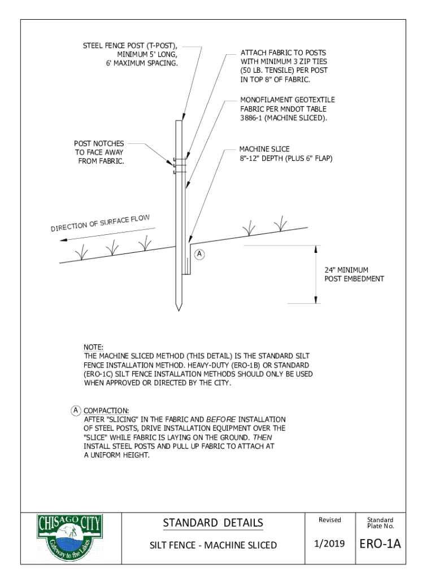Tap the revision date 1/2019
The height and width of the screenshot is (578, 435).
329,545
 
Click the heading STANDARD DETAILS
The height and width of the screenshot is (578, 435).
212,523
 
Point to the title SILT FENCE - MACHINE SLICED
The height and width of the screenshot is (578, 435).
212,545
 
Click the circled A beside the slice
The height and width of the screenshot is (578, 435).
199,253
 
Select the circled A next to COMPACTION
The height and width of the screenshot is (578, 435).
75,410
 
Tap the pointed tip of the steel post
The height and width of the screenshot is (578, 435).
179,309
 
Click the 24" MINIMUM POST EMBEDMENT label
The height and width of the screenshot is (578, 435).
354,274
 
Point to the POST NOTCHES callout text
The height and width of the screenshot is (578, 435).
99,152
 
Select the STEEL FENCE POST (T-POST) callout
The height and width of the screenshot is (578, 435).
130,54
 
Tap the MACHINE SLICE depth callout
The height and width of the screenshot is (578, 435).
286,154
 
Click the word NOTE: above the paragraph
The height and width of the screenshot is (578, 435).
92,348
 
